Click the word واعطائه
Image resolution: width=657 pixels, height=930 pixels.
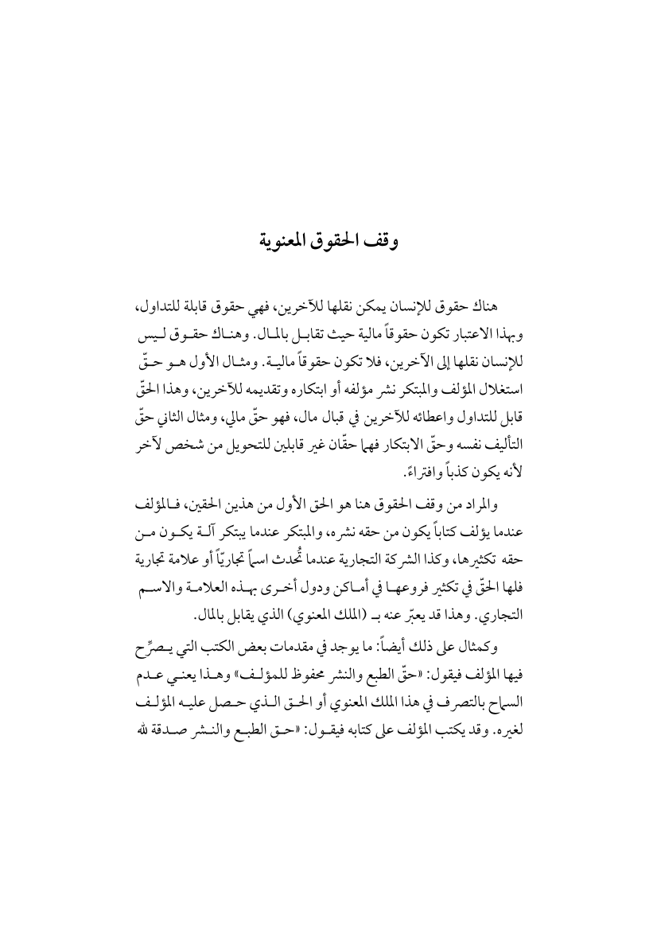pos(406,398)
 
